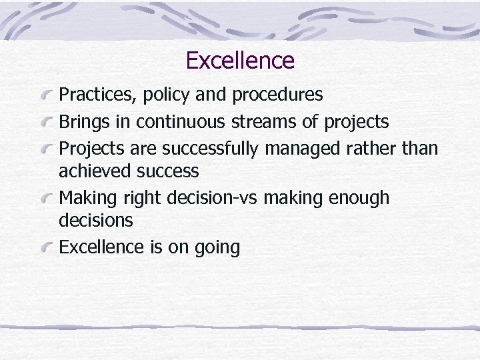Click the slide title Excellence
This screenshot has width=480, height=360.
(x=240, y=61)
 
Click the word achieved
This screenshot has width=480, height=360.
(x=95, y=171)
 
